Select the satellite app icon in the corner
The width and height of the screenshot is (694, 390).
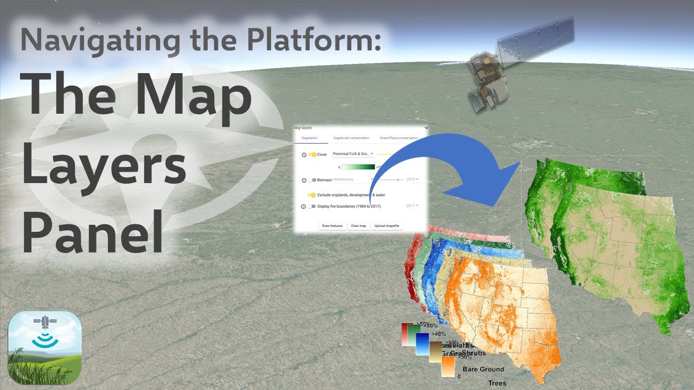[45, 347]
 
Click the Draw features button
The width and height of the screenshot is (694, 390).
[332, 225]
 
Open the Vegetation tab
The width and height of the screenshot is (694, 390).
[309, 138]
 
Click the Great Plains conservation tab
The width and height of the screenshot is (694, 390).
[399, 138]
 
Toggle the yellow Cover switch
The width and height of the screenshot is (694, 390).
[312, 154]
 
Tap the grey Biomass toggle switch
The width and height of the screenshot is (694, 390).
[312, 179]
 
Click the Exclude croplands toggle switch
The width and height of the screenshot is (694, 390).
[312, 194]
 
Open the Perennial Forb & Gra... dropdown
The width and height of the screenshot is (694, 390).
[353, 154]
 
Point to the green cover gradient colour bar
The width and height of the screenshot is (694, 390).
[358, 167]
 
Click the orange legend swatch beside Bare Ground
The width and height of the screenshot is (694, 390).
[447, 367]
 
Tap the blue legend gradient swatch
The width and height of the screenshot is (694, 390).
[422, 343]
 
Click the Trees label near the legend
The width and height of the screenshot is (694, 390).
[497, 383]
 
